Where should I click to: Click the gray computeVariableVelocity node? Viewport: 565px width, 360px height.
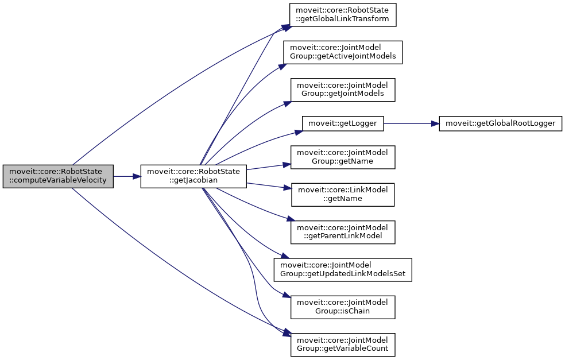coord(58,176)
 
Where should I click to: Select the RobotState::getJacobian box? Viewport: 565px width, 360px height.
coord(194,176)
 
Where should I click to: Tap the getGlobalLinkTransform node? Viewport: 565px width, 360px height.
coord(343,14)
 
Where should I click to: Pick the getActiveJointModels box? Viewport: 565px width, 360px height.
coord(343,52)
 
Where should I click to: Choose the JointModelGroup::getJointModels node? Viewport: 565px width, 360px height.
coord(343,90)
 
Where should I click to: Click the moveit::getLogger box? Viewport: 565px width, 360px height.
coord(343,123)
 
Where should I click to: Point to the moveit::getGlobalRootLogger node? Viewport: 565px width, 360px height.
coord(500,123)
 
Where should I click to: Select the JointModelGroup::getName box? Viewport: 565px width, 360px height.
coord(343,157)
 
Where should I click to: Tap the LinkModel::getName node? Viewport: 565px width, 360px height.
coord(343,195)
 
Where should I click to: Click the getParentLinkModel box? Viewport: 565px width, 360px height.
coord(343,233)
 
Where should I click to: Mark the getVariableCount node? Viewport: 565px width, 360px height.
coord(343,344)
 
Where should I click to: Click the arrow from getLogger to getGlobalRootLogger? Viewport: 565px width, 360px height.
coord(411,123)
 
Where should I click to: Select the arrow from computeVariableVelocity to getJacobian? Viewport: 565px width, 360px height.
coord(127,176)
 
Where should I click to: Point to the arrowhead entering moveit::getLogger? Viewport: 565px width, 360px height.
coord(299,131)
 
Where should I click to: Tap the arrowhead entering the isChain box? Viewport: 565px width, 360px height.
coord(287,296)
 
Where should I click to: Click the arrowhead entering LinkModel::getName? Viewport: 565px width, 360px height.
coord(288,188)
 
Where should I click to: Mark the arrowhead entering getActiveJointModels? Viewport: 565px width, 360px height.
coord(282,65)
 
